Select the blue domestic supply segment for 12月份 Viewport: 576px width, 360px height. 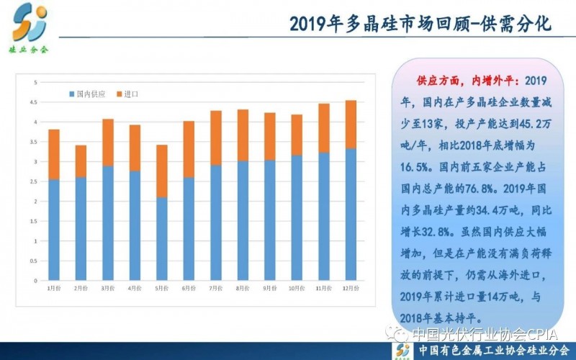351,214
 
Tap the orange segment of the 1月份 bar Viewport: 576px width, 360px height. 53,155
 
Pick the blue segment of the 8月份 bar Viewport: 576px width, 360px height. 242,220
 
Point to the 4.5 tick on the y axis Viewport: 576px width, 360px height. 33,102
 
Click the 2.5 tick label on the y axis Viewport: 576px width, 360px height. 33,181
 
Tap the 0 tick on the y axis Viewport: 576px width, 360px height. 35,280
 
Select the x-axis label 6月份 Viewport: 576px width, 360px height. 189,289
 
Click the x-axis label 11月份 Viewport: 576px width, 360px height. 323,289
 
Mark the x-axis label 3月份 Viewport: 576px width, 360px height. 107,289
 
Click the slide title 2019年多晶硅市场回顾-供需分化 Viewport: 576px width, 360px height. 420,24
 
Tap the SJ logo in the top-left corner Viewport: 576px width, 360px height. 29,22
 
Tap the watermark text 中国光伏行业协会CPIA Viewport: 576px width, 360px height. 482,333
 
